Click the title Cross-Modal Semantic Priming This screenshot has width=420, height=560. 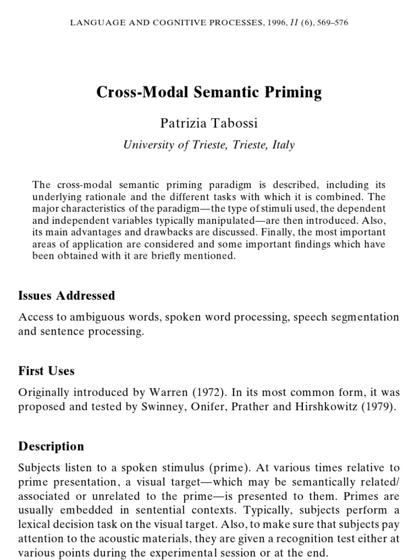209,92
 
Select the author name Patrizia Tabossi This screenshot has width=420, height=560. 209,123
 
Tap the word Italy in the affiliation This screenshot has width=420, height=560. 283,145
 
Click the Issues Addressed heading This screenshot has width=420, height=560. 67,296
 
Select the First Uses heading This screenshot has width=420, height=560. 46,371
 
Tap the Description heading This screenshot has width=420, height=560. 51,446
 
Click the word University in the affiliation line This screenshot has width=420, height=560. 147,145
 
